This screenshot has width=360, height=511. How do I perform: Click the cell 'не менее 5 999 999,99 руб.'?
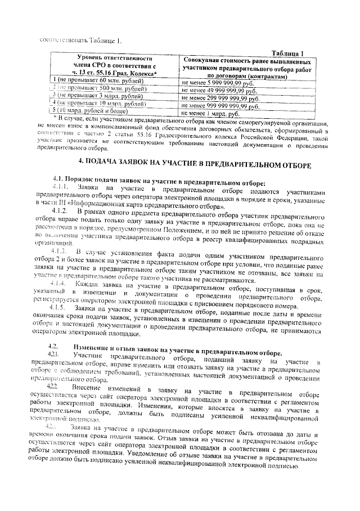pyautogui.click(x=218, y=83)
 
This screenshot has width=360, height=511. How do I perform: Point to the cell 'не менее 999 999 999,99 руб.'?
pyautogui.click(x=222, y=105)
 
